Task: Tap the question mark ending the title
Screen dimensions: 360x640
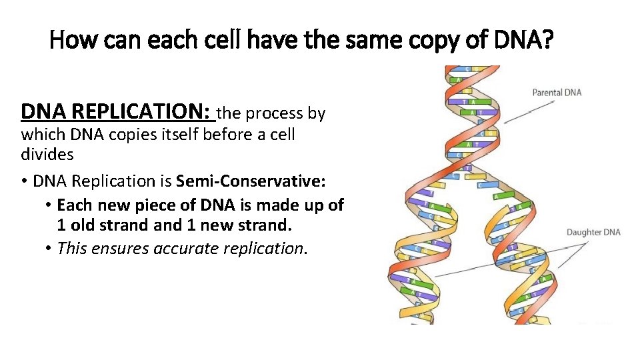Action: tap(547, 41)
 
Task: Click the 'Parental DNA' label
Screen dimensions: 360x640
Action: tap(557, 92)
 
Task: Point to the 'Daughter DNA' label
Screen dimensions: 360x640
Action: tap(593, 232)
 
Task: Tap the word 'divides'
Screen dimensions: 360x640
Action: tap(47, 155)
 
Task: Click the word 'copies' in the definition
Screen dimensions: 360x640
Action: tap(119, 134)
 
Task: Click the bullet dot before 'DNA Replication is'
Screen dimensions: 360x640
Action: tap(25, 181)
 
